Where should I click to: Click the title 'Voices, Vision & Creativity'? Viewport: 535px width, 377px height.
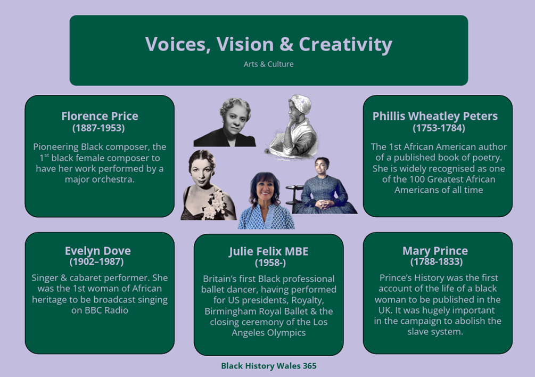pos(268,45)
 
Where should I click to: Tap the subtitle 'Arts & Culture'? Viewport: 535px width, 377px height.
pos(268,64)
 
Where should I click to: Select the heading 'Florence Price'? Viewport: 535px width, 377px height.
pos(100,116)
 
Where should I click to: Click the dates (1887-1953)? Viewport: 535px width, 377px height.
pos(98,128)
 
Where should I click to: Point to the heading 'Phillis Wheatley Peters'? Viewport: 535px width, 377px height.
pos(435,116)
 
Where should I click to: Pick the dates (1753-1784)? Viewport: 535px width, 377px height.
pos(439,128)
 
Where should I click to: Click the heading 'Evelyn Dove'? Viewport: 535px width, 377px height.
pos(98,251)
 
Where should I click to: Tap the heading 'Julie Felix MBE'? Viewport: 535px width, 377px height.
pos(268,251)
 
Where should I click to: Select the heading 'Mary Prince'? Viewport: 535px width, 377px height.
pos(435,251)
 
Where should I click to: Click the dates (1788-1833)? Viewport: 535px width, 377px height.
pos(437,261)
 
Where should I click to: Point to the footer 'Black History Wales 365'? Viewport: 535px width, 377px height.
pos(268,366)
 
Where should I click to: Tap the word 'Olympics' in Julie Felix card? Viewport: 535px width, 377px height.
pos(287,333)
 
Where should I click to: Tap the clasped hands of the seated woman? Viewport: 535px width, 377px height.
pos(322,204)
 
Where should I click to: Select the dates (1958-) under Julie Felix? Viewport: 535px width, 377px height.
pos(270,263)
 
